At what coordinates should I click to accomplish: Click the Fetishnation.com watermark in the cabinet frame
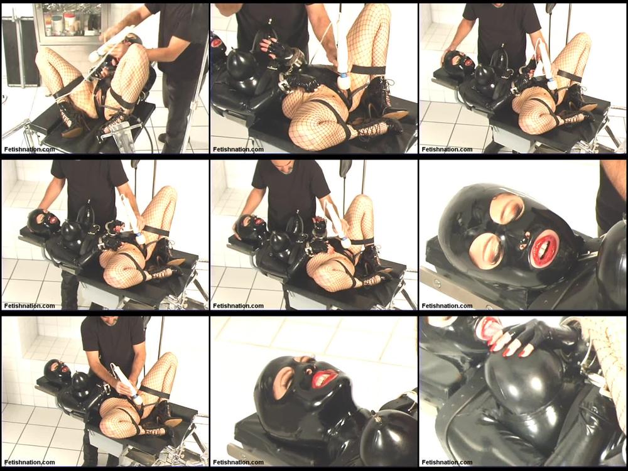click(x=30, y=149)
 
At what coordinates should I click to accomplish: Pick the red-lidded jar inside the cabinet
click(x=70, y=23)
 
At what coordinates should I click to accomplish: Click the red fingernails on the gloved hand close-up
click(x=517, y=346)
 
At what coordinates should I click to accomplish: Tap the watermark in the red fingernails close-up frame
click(x=447, y=462)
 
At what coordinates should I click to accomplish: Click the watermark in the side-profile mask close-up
click(x=238, y=462)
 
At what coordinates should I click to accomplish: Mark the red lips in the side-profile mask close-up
click(x=325, y=377)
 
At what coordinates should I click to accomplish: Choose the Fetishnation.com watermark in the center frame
click(x=238, y=306)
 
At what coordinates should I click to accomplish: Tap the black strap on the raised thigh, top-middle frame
click(x=369, y=70)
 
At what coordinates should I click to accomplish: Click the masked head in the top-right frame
click(x=459, y=63)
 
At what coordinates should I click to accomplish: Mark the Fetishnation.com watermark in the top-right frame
click(x=447, y=149)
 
